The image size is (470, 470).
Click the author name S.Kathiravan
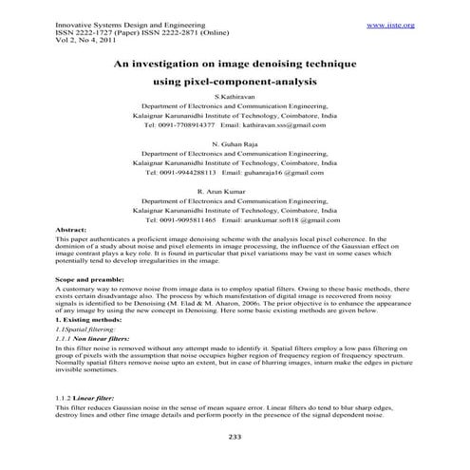pyautogui.click(x=234, y=98)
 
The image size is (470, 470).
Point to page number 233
pyautogui.click(x=235, y=437)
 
